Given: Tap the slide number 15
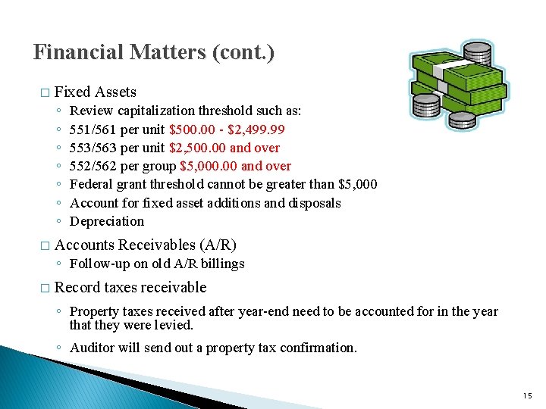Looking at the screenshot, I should point(528,396).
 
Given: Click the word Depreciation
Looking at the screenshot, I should point(106,221).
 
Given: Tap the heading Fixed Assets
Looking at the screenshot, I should point(96,92).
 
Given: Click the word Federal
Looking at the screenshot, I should point(91,185).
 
